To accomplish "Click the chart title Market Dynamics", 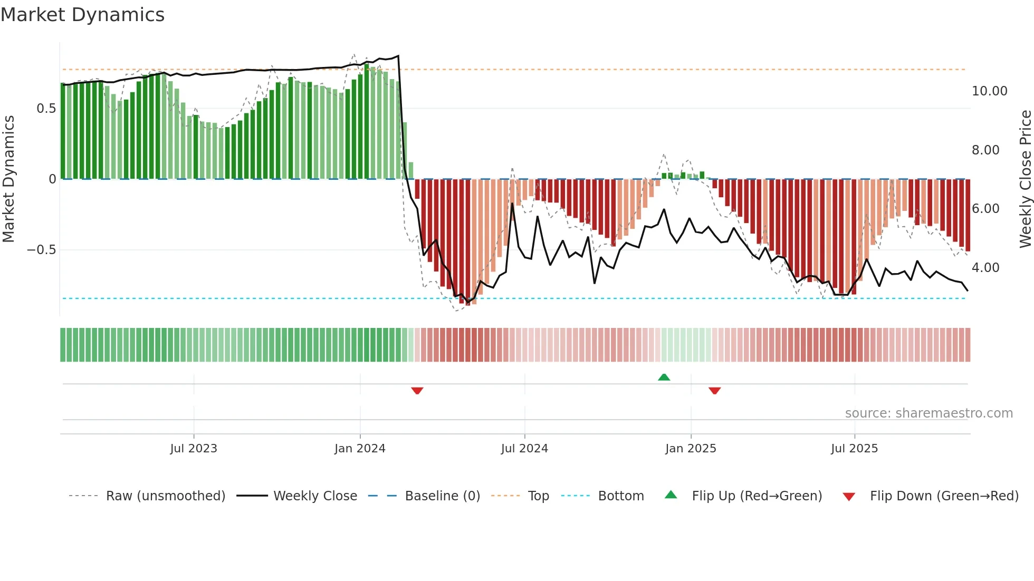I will pyautogui.click(x=83, y=15).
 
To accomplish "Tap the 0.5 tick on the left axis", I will pyautogui.click(x=46, y=109).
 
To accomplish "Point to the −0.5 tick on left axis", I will pyautogui.click(x=41, y=250).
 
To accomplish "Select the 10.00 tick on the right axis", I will pyautogui.click(x=989, y=91).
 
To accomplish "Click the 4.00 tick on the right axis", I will pyautogui.click(x=985, y=268).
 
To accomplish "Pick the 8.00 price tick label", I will pyautogui.click(x=985, y=150).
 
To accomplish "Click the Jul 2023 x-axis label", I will pyautogui.click(x=194, y=449).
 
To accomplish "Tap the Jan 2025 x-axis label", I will pyautogui.click(x=691, y=449).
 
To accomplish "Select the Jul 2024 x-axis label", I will pyautogui.click(x=524, y=449).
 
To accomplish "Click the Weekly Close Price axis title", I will pyautogui.click(x=1025, y=179).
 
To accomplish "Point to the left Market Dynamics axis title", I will pyautogui.click(x=8, y=179).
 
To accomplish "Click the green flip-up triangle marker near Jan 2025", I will pyautogui.click(x=664, y=377).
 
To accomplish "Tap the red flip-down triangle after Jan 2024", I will pyautogui.click(x=417, y=391).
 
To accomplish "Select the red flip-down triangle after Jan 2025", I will pyautogui.click(x=715, y=391).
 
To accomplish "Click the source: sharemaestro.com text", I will pyautogui.click(x=928, y=413).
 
